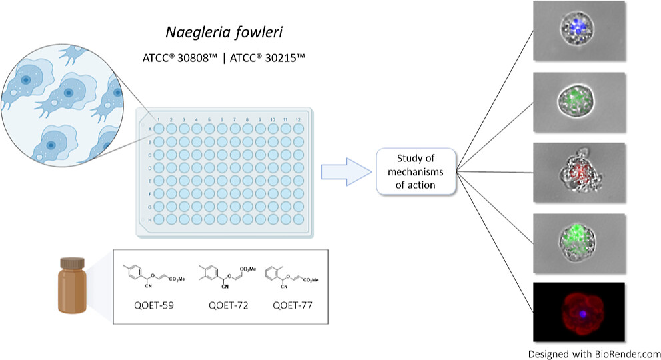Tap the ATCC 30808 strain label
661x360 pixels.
click(x=187, y=59)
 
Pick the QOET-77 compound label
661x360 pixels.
click(x=293, y=306)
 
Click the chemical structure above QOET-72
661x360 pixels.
click(x=225, y=275)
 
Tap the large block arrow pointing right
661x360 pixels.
click(x=345, y=171)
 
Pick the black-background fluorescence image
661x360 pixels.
click(x=579, y=313)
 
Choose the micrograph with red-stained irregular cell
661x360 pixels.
click(x=579, y=171)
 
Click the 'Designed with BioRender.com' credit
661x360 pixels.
click(x=594, y=353)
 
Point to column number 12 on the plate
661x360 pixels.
click(x=298, y=119)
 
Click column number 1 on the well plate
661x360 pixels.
click(x=159, y=119)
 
